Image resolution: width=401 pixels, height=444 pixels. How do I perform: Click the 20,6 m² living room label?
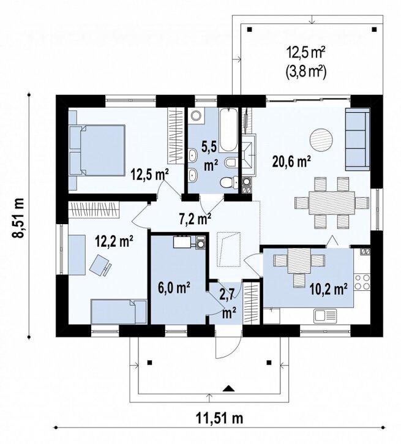(x=292, y=162)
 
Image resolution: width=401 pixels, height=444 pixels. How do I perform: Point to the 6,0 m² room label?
(x=174, y=288)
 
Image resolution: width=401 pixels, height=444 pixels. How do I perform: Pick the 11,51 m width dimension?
(x=219, y=418)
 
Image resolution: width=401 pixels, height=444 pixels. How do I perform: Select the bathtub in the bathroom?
(x=228, y=130)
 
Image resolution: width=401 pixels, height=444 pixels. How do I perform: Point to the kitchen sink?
(x=325, y=315)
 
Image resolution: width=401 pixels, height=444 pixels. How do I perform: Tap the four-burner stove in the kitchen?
(x=362, y=282)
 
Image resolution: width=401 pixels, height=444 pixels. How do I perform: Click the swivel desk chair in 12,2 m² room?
(x=100, y=265)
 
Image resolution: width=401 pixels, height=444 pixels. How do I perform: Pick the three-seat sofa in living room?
(x=358, y=139)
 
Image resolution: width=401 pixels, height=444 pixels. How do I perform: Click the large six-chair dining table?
(x=332, y=203)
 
